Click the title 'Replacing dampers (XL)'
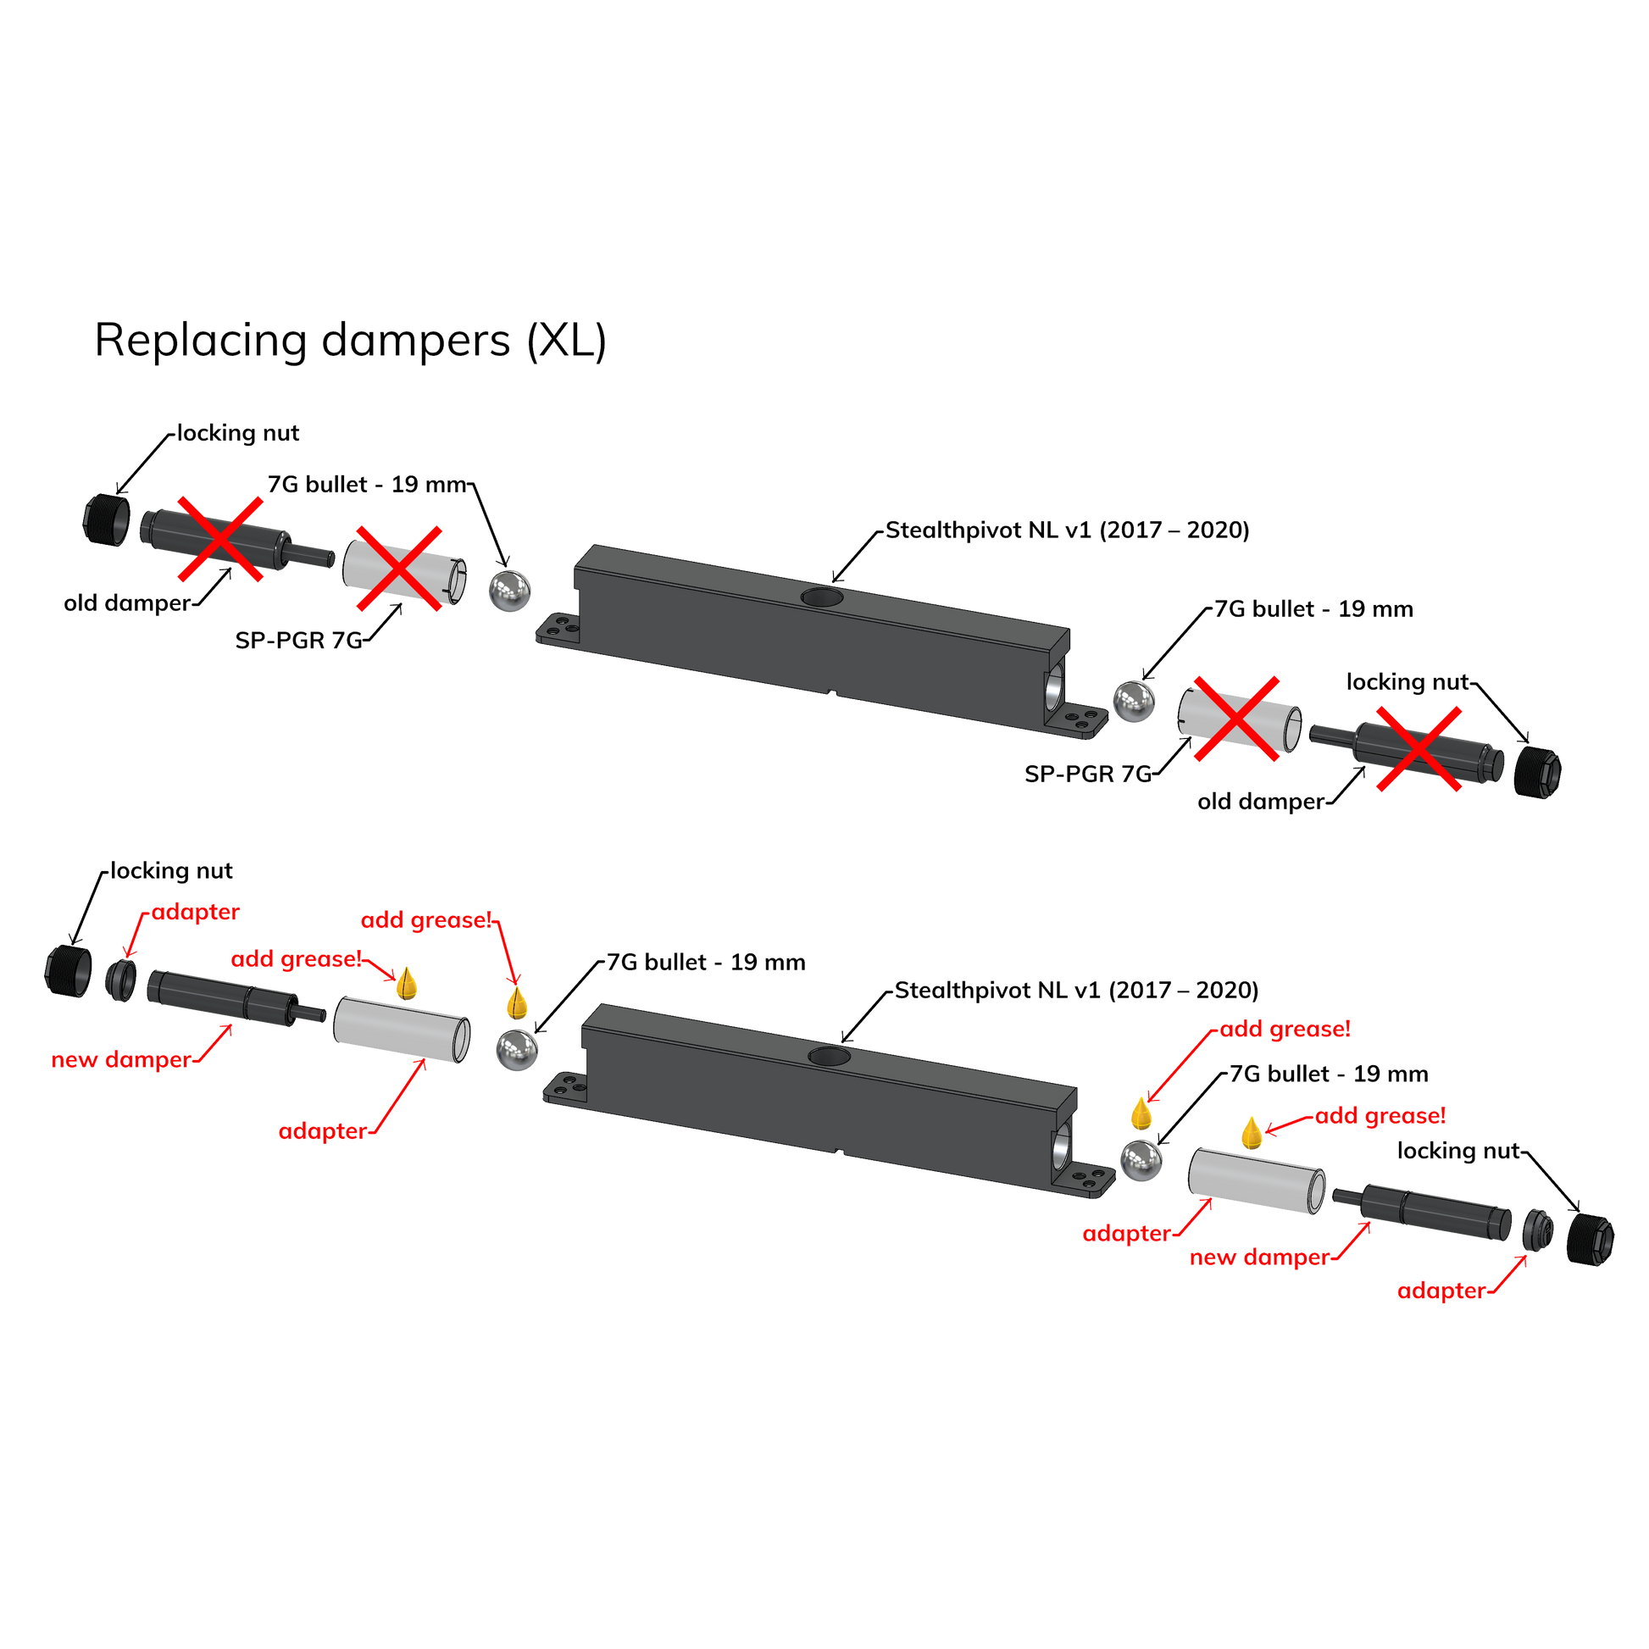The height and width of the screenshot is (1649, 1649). click(351, 341)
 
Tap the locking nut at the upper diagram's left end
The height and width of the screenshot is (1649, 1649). click(108, 518)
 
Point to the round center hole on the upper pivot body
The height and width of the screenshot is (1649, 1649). click(820, 597)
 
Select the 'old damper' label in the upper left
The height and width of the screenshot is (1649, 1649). click(125, 603)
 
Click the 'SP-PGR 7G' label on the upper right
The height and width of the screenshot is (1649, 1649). click(1087, 775)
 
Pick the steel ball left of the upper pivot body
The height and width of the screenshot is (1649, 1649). click(509, 590)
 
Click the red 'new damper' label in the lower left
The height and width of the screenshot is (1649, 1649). click(120, 1060)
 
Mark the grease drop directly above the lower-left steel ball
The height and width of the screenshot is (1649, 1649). click(515, 1004)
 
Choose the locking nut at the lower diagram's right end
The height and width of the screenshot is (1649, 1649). click(1590, 1239)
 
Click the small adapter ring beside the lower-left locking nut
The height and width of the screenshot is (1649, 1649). click(122, 980)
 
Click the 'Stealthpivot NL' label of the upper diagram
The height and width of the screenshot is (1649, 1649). click(1066, 530)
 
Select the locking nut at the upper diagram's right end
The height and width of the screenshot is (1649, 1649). click(1537, 770)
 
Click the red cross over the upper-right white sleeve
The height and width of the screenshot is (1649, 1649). click(1235, 718)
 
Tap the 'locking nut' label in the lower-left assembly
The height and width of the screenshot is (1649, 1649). click(173, 871)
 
